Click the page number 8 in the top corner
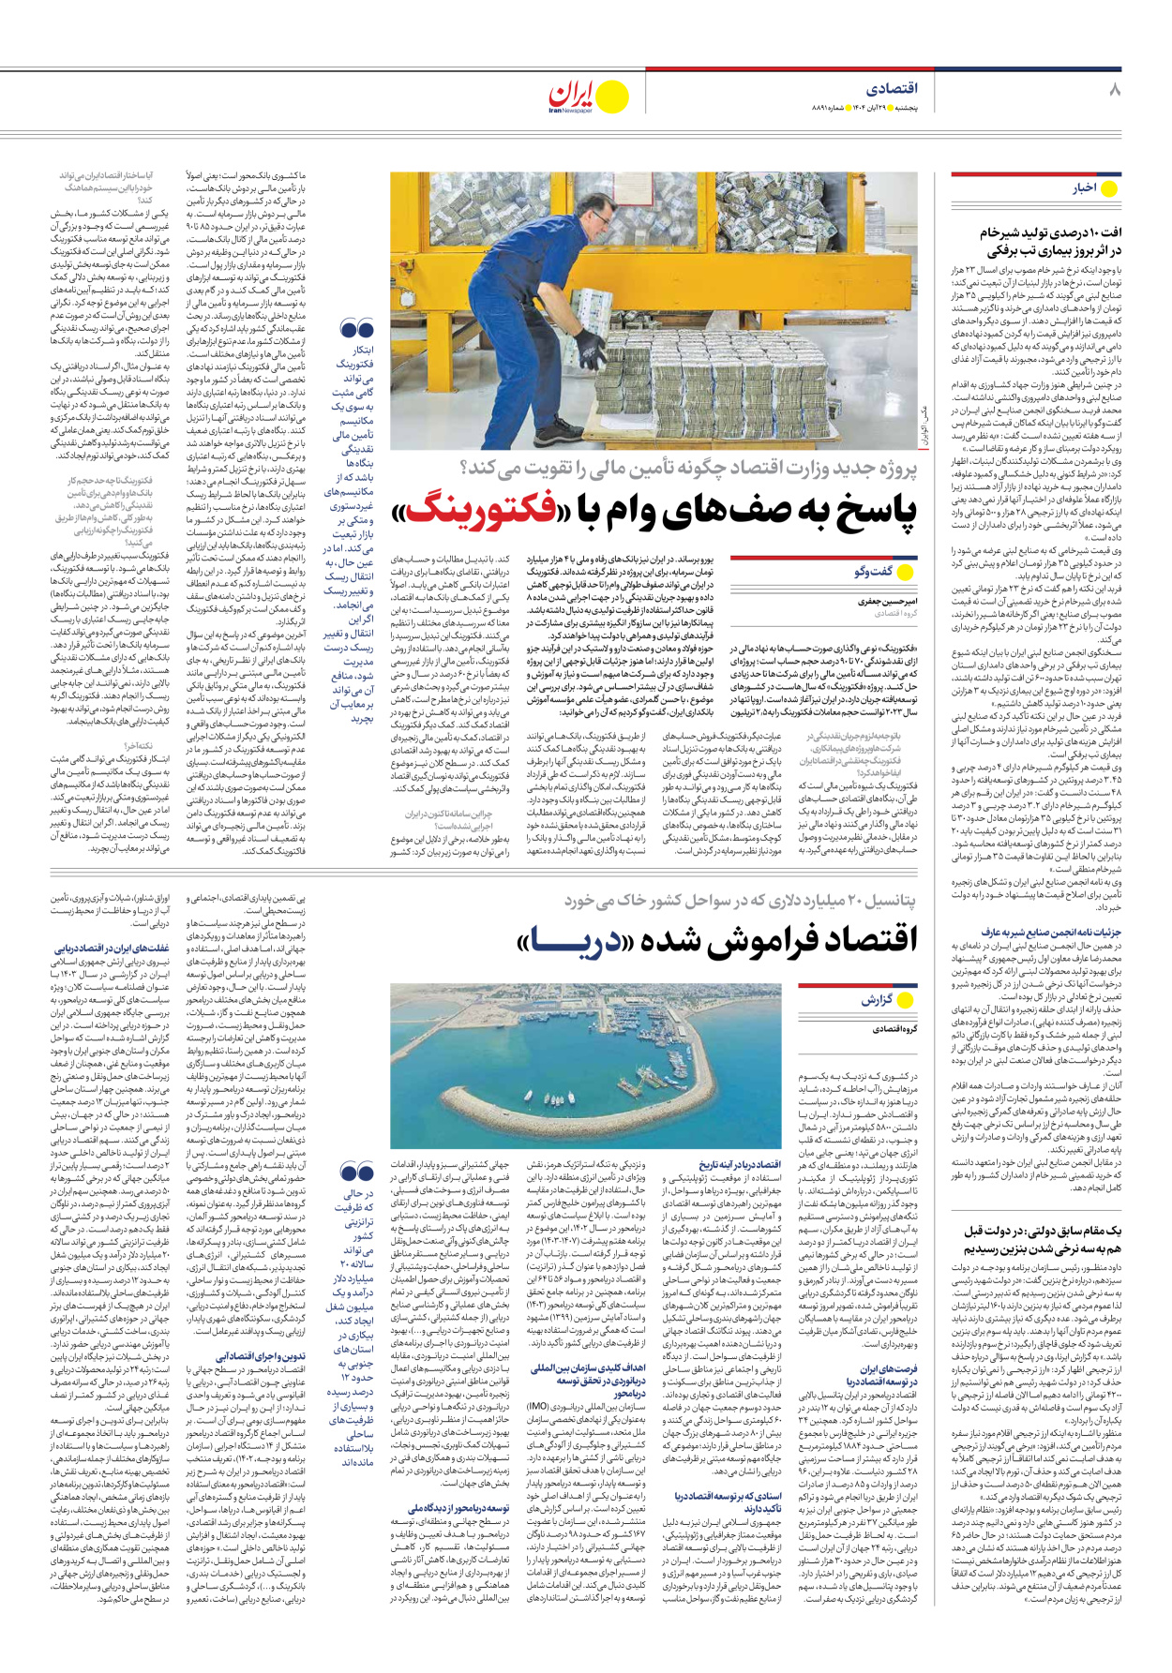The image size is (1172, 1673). [1113, 90]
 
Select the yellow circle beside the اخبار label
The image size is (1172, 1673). [1109, 188]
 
